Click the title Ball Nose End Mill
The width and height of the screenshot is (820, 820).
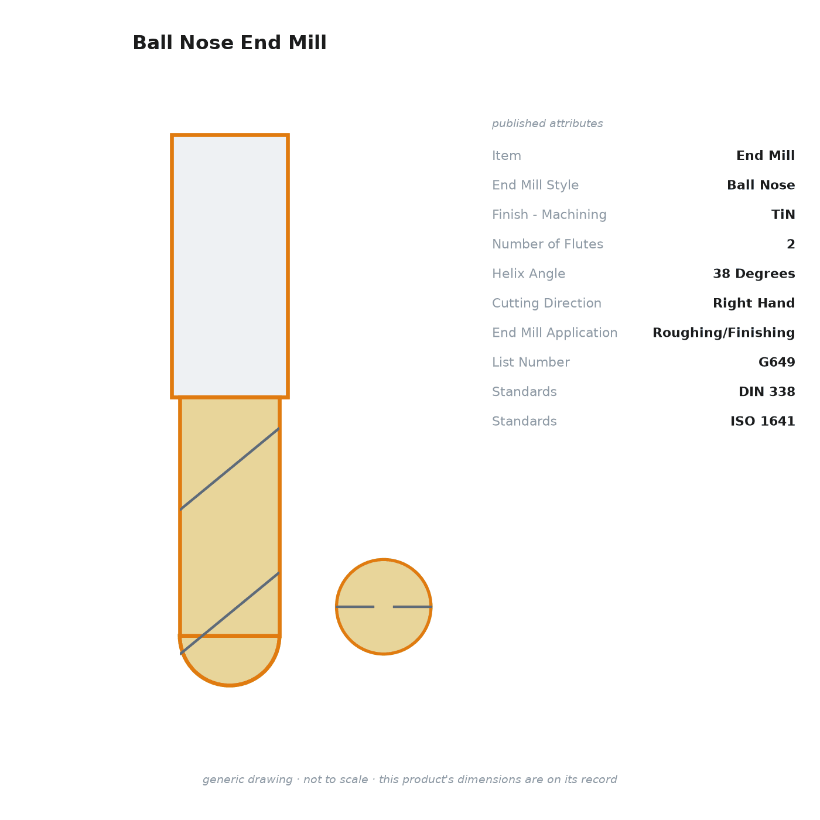pyautogui.click(x=230, y=43)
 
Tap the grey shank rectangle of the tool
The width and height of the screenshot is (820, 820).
pyautogui.click(x=230, y=266)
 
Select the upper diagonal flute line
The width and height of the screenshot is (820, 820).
pyautogui.click(x=230, y=469)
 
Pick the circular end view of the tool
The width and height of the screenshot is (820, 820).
pyautogui.click(x=384, y=606)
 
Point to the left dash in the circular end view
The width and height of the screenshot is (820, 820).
pyautogui.click(x=355, y=606)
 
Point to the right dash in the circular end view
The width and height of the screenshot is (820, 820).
pyautogui.click(x=412, y=606)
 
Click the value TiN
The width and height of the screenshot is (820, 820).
pyautogui.click(x=783, y=214)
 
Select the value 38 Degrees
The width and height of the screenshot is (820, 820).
pyautogui.click(x=754, y=274)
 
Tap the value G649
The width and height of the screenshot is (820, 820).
pyautogui.click(x=777, y=362)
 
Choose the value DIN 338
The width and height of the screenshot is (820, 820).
pyautogui.click(x=766, y=391)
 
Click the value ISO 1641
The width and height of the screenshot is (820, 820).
pyautogui.click(x=763, y=421)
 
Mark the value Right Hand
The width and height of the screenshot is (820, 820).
pyautogui.click(x=754, y=303)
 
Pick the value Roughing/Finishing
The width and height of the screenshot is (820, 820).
pyautogui.click(x=723, y=333)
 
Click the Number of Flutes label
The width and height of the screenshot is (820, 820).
pyautogui.click(x=547, y=244)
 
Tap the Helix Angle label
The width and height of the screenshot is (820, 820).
pyautogui.click(x=528, y=274)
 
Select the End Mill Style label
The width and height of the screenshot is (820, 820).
pyautogui.click(x=535, y=185)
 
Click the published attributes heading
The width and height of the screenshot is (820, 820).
pyautogui.click(x=547, y=124)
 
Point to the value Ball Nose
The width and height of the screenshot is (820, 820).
pyautogui.click(x=760, y=185)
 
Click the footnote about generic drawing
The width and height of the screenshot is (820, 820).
pyautogui.click(x=409, y=779)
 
